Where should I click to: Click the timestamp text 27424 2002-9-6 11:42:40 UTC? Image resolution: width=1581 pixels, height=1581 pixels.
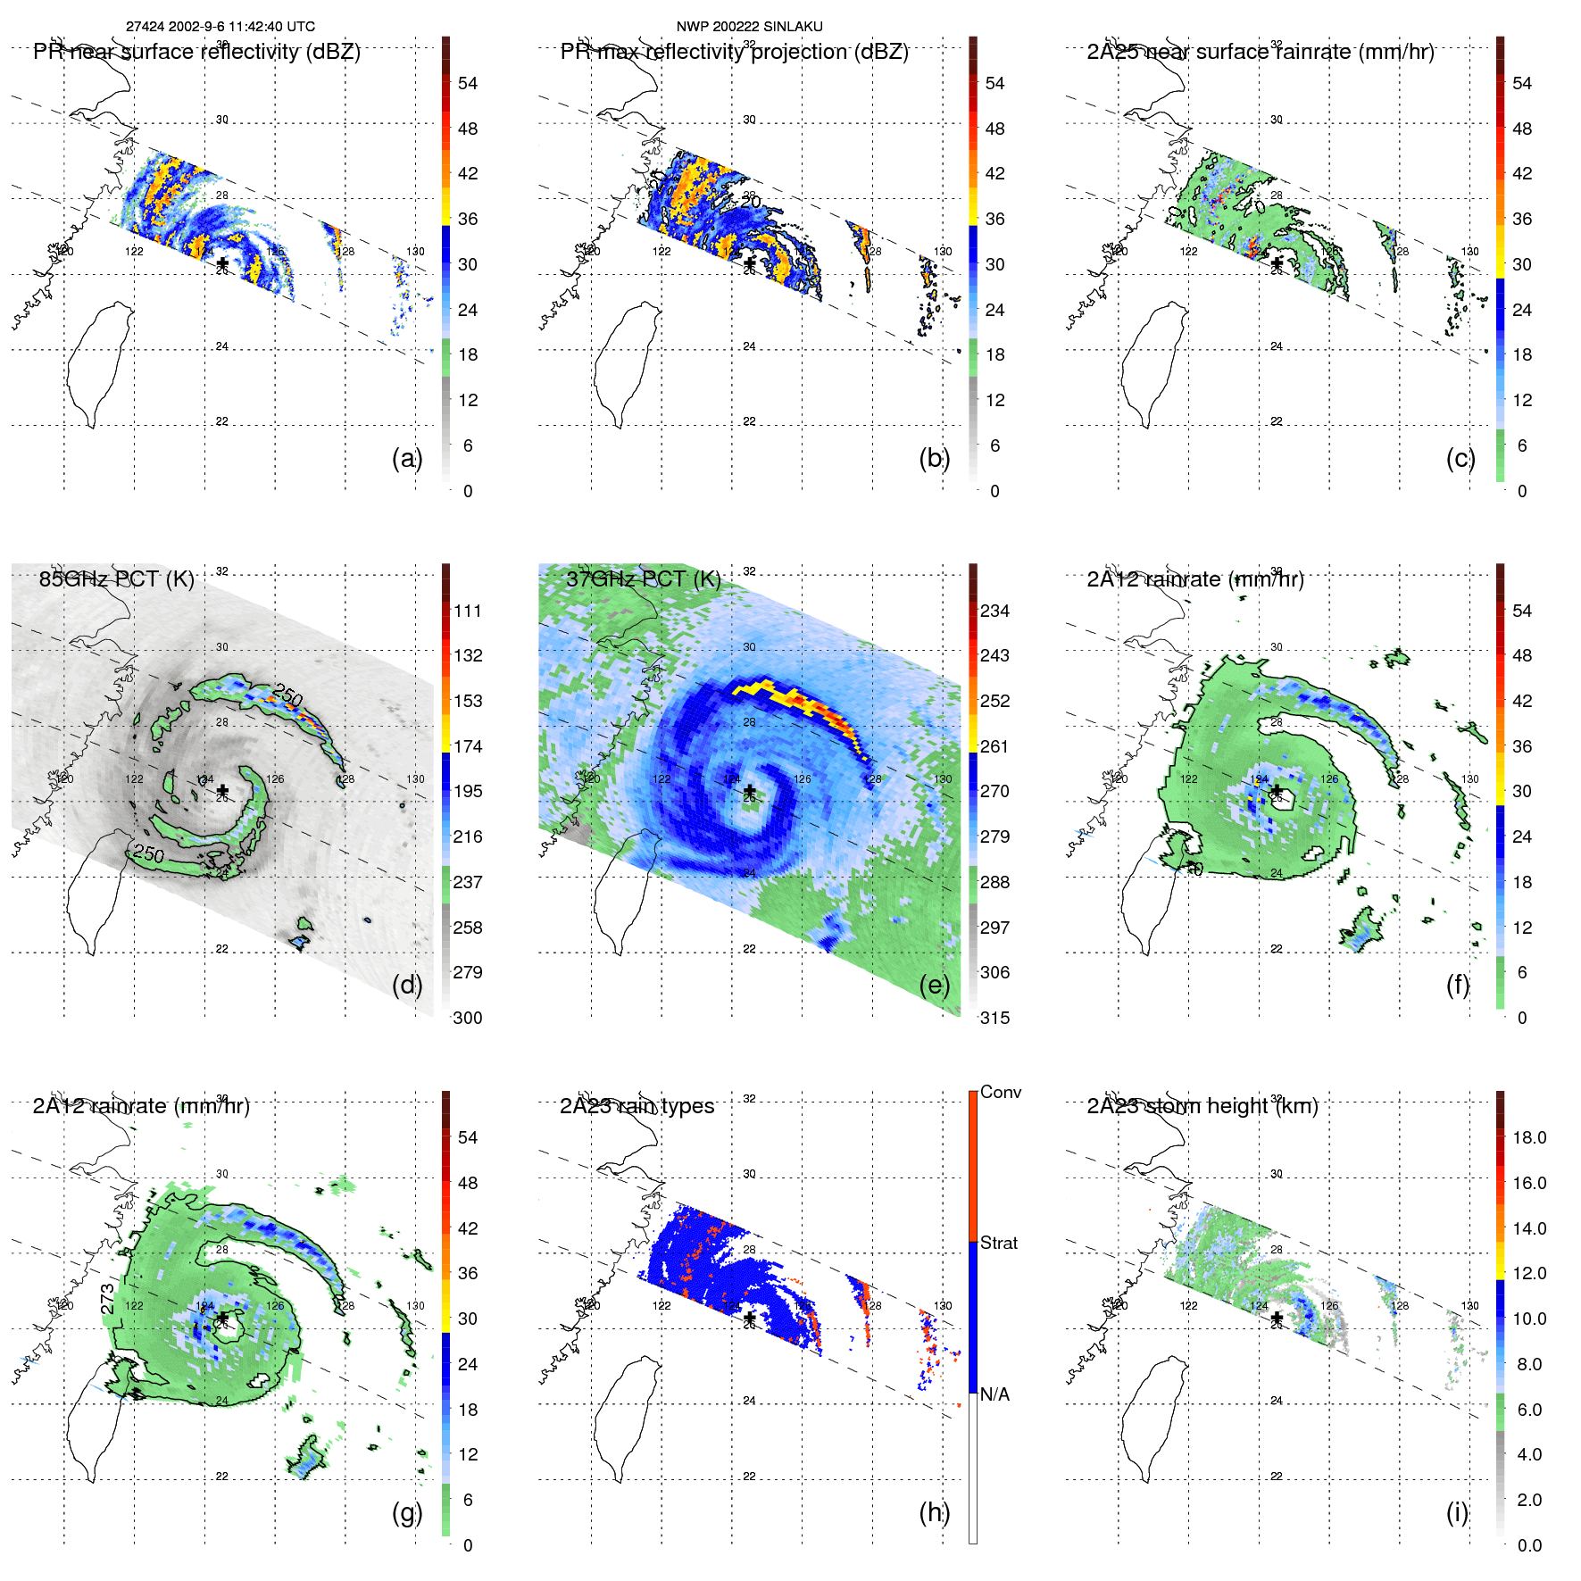click(x=220, y=27)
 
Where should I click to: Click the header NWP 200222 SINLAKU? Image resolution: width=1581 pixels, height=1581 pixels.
click(x=749, y=27)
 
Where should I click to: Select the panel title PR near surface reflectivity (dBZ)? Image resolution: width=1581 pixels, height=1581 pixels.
click(x=196, y=52)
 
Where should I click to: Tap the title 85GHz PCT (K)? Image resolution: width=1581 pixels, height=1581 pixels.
click(x=116, y=579)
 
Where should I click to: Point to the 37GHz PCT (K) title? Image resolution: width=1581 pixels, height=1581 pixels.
click(x=643, y=579)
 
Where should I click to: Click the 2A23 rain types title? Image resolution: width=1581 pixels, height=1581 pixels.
click(x=637, y=1106)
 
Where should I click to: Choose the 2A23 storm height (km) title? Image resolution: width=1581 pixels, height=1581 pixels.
click(x=1202, y=1106)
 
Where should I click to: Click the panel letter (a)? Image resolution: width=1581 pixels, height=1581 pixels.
click(x=406, y=458)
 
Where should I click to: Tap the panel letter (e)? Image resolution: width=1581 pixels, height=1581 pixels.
click(x=934, y=985)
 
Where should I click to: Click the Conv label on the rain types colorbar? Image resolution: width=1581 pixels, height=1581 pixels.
click(x=1000, y=1092)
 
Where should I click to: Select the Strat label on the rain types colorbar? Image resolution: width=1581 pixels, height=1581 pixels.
click(x=998, y=1243)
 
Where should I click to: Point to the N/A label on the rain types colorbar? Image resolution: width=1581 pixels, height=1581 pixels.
click(x=994, y=1394)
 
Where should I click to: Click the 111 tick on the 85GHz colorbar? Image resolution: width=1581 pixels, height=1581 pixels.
click(x=468, y=611)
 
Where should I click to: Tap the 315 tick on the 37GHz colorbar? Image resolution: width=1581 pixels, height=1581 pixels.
click(x=994, y=1018)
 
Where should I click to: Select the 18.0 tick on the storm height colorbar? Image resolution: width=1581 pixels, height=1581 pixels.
click(x=1528, y=1137)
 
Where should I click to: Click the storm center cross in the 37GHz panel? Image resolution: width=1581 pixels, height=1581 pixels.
click(x=749, y=791)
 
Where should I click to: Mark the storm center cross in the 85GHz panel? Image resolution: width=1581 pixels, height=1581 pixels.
click(x=222, y=791)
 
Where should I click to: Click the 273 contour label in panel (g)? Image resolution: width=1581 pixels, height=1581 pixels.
click(x=107, y=1299)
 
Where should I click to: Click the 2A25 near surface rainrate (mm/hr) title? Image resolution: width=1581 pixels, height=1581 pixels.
click(x=1260, y=52)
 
